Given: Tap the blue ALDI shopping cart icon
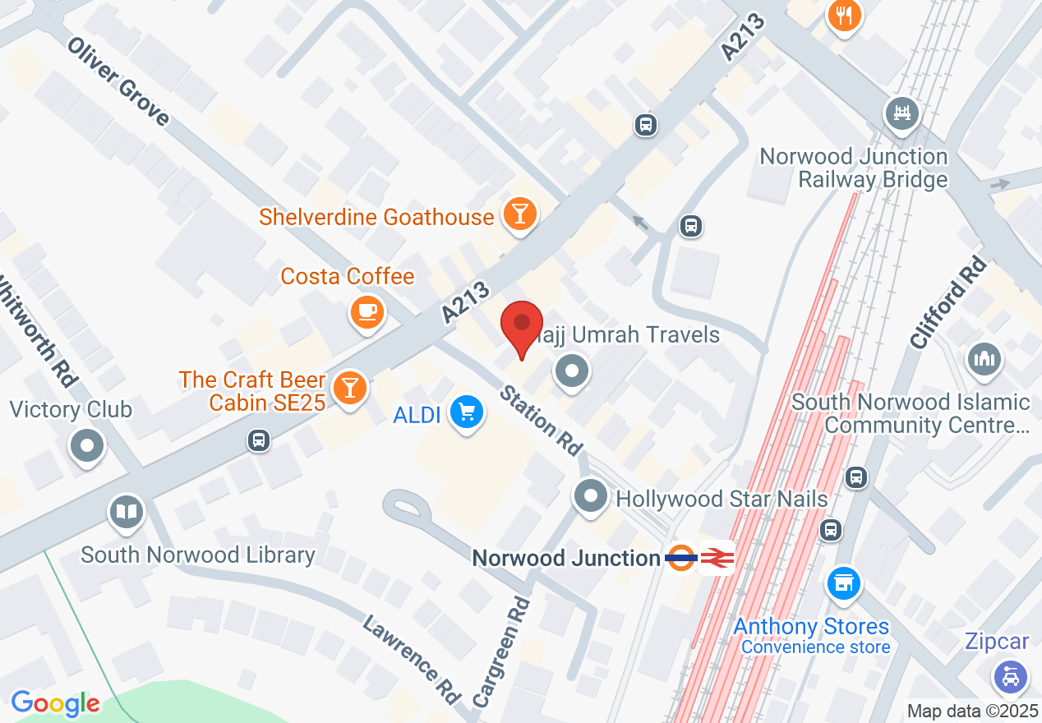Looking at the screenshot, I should click(x=466, y=412).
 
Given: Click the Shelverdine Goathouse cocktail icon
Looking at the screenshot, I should click(x=519, y=214).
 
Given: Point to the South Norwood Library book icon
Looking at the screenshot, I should click(x=126, y=513).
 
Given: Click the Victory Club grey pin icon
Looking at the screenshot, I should click(x=88, y=448).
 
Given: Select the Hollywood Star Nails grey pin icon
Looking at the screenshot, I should click(x=590, y=496).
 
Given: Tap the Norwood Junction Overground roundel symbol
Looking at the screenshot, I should click(x=681, y=558).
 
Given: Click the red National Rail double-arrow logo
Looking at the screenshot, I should click(x=717, y=558).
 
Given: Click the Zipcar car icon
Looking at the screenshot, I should click(x=1010, y=676).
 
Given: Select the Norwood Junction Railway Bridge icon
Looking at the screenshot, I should click(x=901, y=112).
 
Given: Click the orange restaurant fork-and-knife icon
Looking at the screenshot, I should click(x=844, y=15).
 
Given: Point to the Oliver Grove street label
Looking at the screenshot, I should click(x=118, y=81).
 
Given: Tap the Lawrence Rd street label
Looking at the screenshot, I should click(x=411, y=659).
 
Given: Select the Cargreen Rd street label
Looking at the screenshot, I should click(x=501, y=653).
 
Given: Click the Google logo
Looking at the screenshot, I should click(x=55, y=703).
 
